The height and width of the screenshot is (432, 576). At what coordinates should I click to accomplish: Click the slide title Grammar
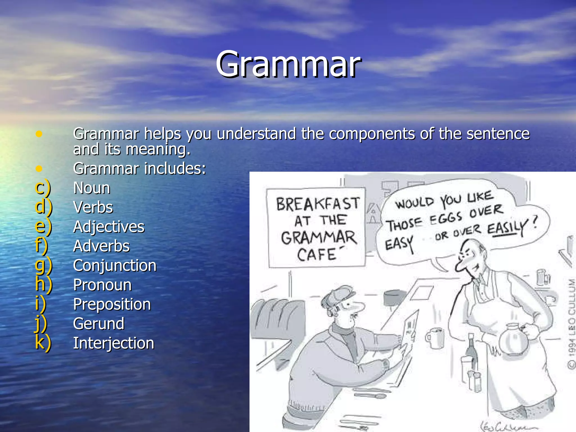[x=288, y=64]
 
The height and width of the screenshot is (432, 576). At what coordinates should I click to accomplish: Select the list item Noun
[x=92, y=188]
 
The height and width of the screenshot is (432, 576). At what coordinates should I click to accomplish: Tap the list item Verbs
[x=93, y=207]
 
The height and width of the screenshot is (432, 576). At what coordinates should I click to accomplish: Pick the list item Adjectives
[x=109, y=227]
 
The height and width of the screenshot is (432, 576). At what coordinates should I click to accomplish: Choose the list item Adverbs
[x=101, y=246]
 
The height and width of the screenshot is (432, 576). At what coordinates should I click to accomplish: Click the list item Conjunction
[x=114, y=265]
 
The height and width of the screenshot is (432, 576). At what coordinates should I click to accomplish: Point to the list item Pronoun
[x=102, y=285]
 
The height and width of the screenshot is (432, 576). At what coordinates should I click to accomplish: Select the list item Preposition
[x=112, y=304]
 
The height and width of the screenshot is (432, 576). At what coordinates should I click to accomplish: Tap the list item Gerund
[x=99, y=324]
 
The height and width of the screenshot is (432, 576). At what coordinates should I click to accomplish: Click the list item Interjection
[x=114, y=343]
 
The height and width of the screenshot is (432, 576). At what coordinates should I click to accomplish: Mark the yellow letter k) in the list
[x=43, y=343]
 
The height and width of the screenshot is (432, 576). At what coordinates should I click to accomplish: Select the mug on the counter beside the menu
[x=435, y=337]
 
